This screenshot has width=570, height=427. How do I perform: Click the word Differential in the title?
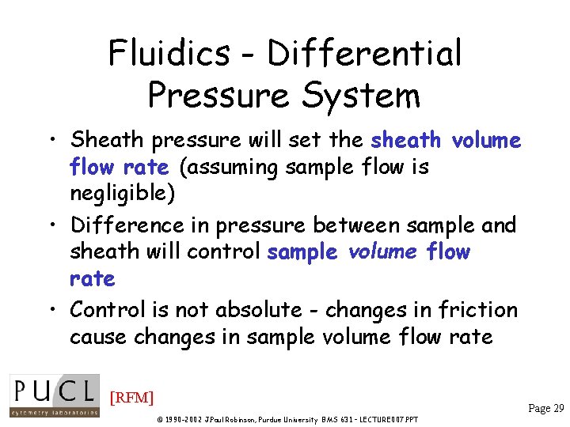(365, 54)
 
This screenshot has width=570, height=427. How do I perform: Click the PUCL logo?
(55, 395)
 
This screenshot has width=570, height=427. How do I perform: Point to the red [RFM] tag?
(131, 397)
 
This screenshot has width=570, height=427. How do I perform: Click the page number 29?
(558, 408)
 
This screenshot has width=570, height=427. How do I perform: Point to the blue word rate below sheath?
(93, 279)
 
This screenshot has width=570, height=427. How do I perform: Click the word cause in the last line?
(99, 337)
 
